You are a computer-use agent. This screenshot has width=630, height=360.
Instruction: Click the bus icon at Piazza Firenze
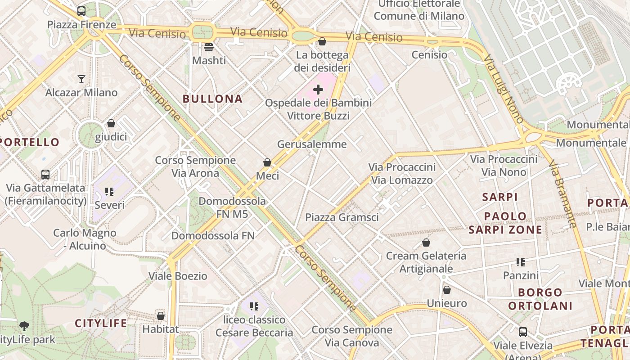pos(81,11)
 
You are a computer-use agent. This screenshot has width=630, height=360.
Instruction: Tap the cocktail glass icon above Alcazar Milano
pos(81,79)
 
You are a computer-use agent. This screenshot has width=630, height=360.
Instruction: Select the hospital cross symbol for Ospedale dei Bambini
pos(318,90)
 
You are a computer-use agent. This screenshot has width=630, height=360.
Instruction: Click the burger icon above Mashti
pos(208,47)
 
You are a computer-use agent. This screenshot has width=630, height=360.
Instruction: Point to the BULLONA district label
pos(212,99)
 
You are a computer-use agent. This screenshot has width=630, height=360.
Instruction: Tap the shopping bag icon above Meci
pos(267,162)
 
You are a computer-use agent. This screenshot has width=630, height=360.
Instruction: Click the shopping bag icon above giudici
pos(111,123)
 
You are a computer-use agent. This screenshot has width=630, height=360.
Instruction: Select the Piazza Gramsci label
pos(342,217)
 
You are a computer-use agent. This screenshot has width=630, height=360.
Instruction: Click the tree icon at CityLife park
pos(24,326)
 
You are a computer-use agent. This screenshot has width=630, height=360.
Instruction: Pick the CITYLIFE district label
pos(101,323)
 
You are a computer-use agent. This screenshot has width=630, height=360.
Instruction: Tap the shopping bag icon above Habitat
pos(161,316)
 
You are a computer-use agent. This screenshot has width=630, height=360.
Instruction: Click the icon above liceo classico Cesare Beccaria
pos(254,306)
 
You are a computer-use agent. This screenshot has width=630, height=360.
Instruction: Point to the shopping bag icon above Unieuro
pos(446,290)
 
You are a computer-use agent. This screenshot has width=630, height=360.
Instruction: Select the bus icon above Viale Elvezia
pos(522,332)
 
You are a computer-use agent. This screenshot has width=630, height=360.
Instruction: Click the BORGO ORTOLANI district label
pos(540,299)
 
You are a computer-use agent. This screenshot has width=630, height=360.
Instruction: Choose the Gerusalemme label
pos(312,144)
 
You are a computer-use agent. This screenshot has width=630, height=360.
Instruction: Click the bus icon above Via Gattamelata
pos(45,175)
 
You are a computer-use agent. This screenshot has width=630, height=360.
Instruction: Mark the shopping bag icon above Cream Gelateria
pos(426,243)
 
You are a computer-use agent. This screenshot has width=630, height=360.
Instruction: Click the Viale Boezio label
pos(178,276)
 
